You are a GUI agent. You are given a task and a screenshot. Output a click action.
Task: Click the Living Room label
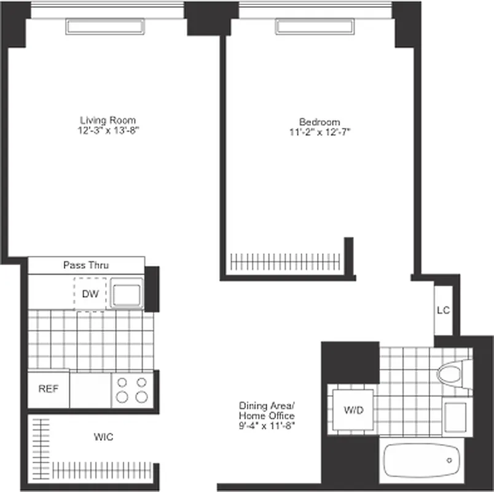(108, 120)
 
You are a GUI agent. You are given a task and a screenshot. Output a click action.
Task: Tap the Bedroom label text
(320, 122)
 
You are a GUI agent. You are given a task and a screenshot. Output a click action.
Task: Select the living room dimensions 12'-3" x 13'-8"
(108, 131)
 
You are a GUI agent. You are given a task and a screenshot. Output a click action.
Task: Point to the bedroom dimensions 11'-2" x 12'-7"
(320, 132)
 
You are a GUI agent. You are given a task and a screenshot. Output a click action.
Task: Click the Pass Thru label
(86, 266)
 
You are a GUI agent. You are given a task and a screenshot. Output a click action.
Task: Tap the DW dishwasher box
(90, 293)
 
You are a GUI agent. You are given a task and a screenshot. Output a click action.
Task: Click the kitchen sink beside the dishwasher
(127, 293)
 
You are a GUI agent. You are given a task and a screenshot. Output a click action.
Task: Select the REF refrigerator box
(48, 389)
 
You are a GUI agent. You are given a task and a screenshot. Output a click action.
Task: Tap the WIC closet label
(103, 437)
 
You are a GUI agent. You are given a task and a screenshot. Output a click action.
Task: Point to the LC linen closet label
(443, 310)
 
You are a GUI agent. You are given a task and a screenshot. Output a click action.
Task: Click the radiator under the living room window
(107, 26)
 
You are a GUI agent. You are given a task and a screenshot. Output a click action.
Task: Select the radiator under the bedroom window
(315, 26)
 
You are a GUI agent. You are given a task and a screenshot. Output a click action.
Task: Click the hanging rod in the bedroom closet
(286, 261)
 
